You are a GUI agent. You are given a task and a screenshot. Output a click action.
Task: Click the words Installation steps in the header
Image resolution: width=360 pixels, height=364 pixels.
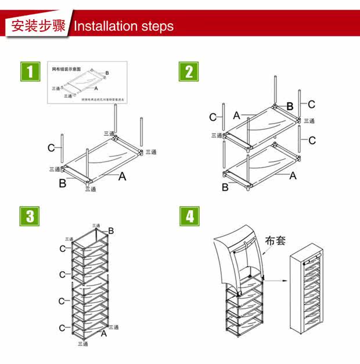click(124, 26)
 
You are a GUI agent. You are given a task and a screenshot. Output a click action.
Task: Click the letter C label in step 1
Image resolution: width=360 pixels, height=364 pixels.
click(52, 147)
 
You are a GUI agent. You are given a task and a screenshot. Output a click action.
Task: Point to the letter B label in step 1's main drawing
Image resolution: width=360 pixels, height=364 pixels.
click(62, 184)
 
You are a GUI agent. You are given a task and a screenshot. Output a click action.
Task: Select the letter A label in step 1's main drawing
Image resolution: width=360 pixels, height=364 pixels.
click(123, 176)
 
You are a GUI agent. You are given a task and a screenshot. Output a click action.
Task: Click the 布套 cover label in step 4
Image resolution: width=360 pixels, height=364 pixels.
click(275, 240)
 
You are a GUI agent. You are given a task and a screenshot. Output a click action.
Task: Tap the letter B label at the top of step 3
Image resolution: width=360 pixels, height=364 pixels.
click(111, 231)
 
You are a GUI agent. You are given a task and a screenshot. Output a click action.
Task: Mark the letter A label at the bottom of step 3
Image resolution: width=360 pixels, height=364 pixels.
click(104, 333)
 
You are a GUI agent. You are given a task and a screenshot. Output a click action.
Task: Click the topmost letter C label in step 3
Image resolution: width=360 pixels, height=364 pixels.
click(62, 248)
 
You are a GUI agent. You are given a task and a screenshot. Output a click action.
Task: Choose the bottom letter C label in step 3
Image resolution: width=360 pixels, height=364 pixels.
click(62, 328)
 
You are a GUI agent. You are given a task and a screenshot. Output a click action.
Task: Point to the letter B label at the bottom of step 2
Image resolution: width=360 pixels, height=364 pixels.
click(225, 187)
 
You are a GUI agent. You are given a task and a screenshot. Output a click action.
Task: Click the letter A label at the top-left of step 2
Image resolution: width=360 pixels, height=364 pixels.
click(237, 116)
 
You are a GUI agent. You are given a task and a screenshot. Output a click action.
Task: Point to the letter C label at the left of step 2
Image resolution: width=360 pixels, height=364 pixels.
click(213, 117)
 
